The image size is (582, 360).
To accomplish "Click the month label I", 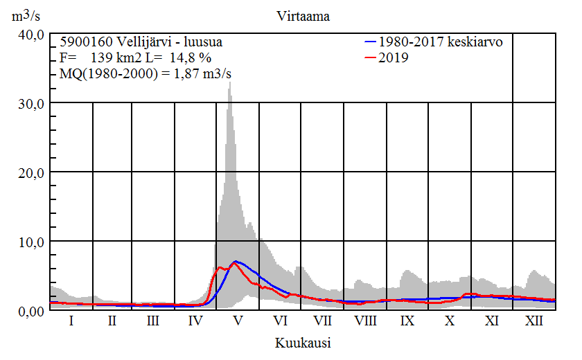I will (x=71, y=321).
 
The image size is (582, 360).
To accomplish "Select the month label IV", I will (x=195, y=321).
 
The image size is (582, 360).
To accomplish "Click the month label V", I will (x=238, y=321).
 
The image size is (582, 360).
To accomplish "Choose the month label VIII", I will (x=365, y=321).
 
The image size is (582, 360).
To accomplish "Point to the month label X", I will (x=450, y=321).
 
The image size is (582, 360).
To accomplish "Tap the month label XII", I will (x=534, y=321).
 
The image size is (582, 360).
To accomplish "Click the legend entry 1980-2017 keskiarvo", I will (x=440, y=42).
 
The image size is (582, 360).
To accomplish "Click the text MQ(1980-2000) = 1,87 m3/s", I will (x=146, y=74).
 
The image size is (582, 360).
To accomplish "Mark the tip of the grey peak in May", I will (x=230, y=82).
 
